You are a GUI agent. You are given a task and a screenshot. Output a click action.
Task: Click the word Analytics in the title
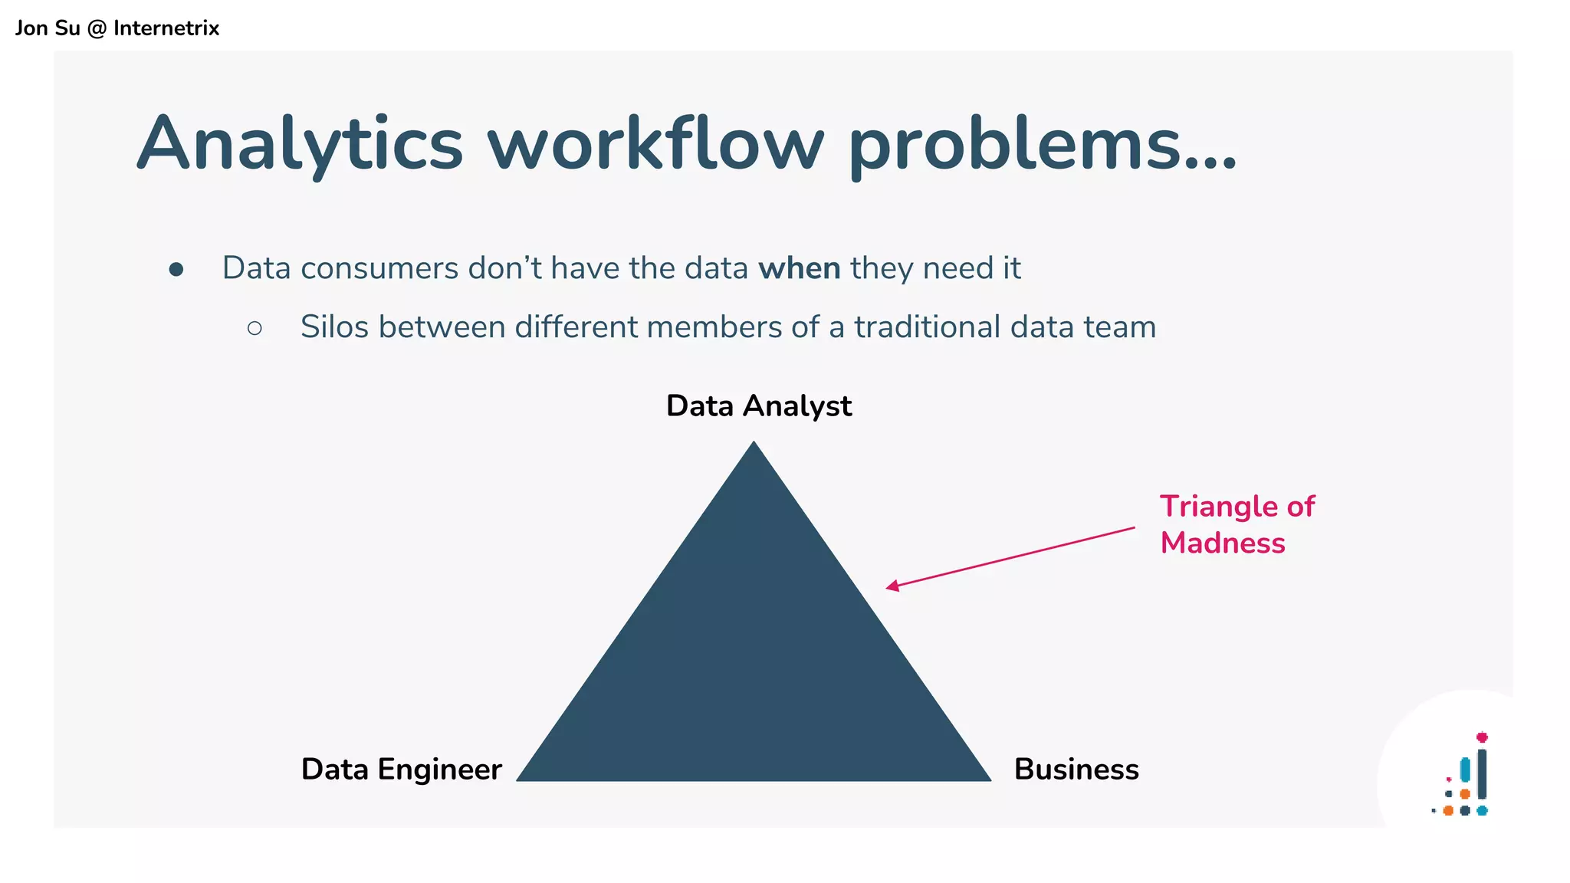pyautogui.click(x=301, y=144)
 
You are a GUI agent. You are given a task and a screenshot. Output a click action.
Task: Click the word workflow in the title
pyautogui.click(x=656, y=144)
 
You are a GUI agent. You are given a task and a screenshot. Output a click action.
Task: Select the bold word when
pyautogui.click(x=799, y=268)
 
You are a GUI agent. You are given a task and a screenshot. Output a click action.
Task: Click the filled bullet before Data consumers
pyautogui.click(x=176, y=269)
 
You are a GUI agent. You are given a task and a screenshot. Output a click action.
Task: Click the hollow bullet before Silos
pyautogui.click(x=255, y=329)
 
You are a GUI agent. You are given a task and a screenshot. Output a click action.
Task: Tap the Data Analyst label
pyautogui.click(x=758, y=405)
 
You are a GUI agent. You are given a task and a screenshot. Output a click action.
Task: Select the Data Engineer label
pyautogui.click(x=401, y=769)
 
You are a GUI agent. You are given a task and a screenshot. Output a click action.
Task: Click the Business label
pyautogui.click(x=1076, y=769)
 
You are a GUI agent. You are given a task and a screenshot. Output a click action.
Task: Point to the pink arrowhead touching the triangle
pyautogui.click(x=891, y=586)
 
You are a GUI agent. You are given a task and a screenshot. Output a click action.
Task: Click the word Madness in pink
pyautogui.click(x=1222, y=543)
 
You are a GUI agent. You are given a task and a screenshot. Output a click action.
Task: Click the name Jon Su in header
pyautogui.click(x=48, y=28)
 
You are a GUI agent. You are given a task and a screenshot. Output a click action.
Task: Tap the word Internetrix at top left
pyautogui.click(x=166, y=28)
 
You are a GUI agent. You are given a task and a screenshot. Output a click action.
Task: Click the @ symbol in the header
pyautogui.click(x=97, y=28)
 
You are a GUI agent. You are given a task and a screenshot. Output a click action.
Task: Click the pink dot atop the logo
pyautogui.click(x=1482, y=737)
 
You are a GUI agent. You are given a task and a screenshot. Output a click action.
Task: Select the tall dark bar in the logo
pyautogui.click(x=1482, y=774)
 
